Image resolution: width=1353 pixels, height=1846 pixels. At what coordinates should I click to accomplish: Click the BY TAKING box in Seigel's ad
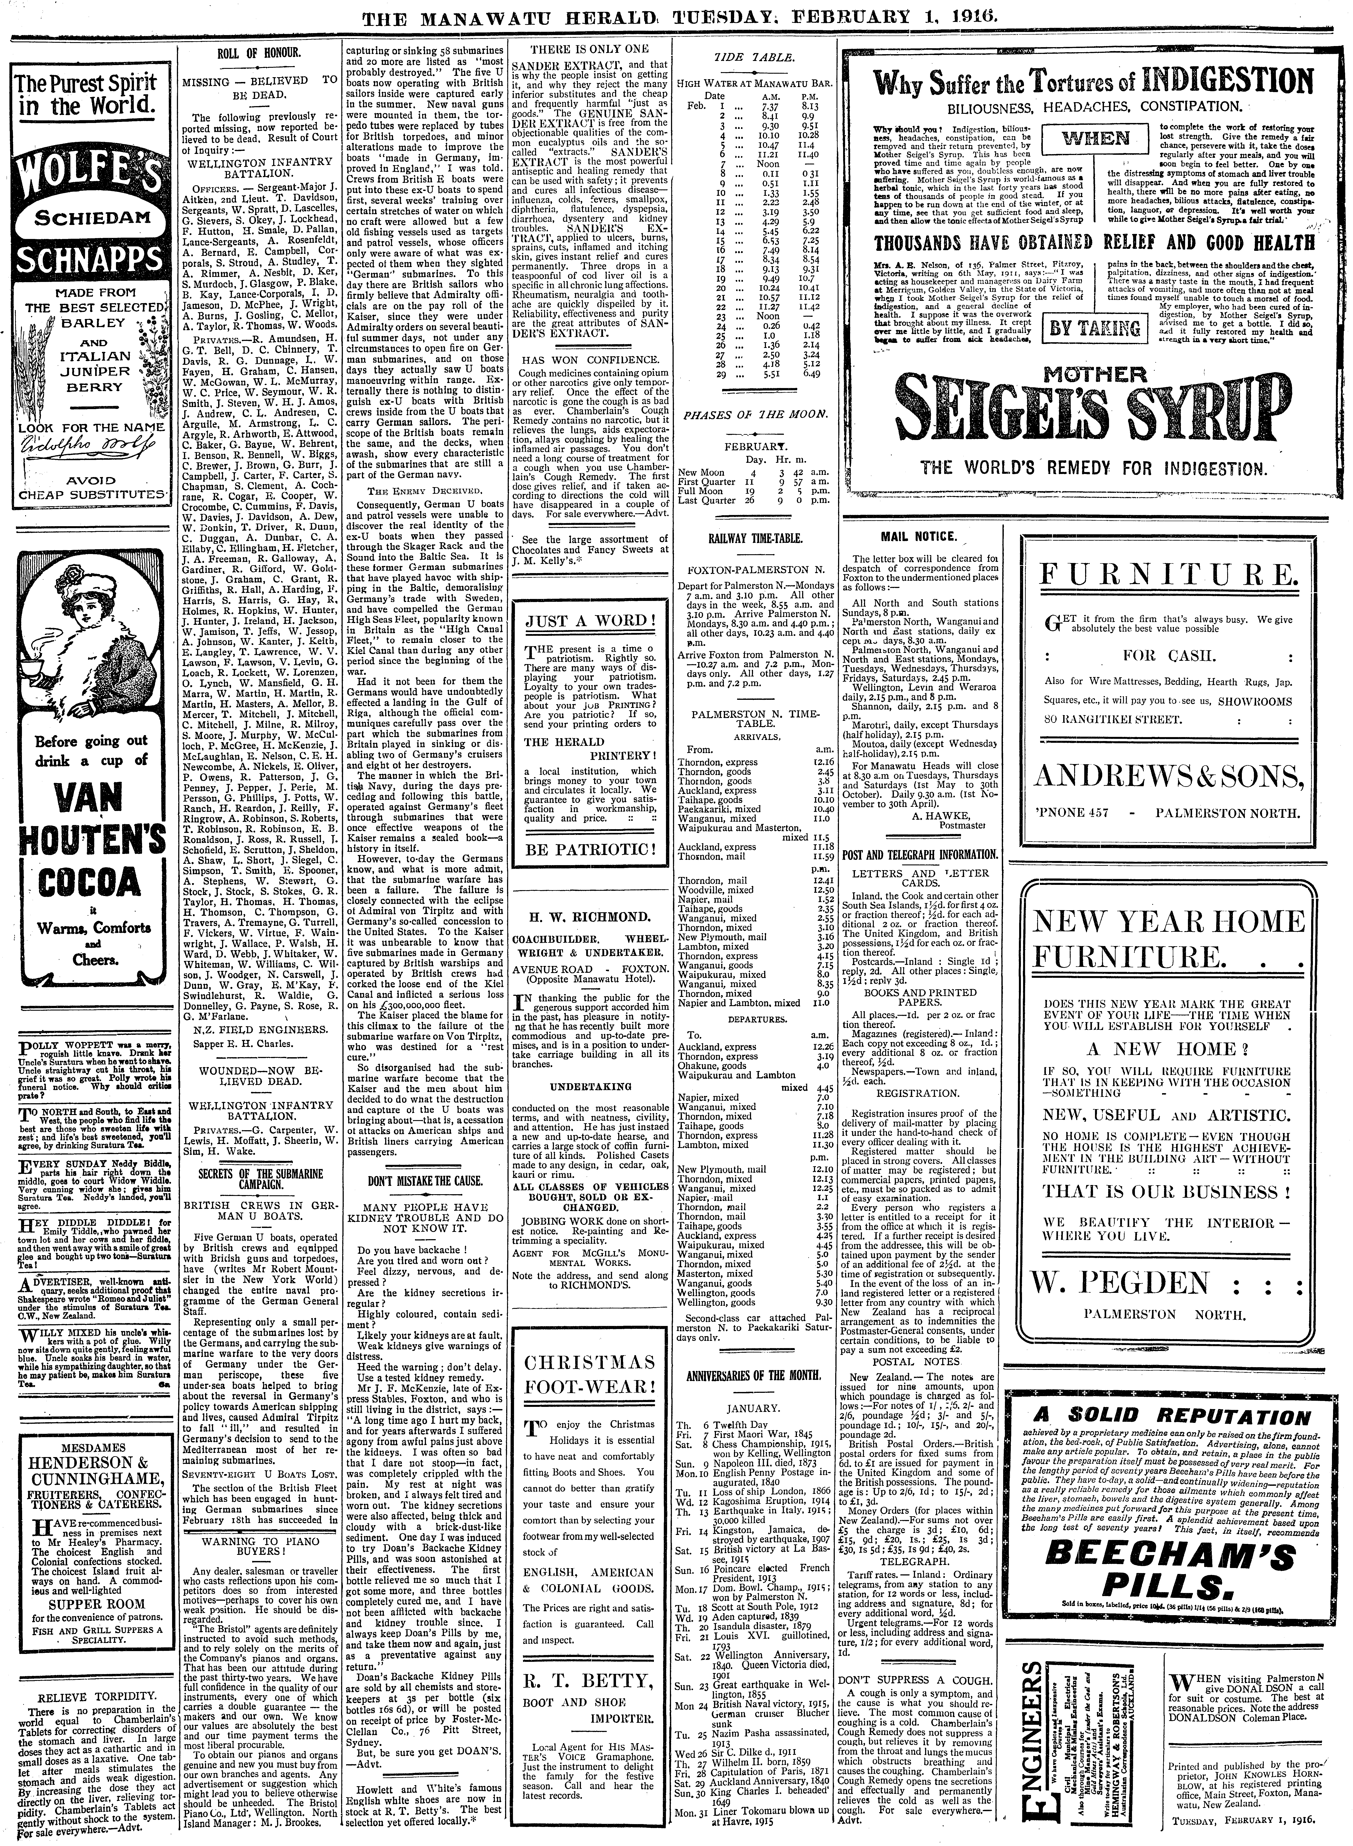click(x=1095, y=328)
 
